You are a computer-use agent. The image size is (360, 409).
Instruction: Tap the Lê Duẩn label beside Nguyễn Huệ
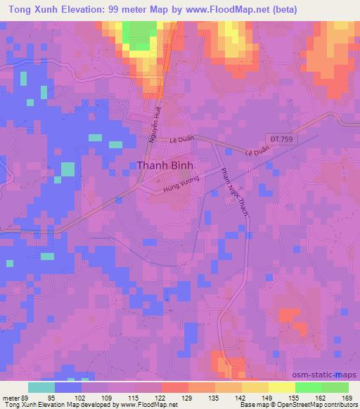point(181,140)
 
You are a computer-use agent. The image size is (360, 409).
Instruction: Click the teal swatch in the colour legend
point(41,387)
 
